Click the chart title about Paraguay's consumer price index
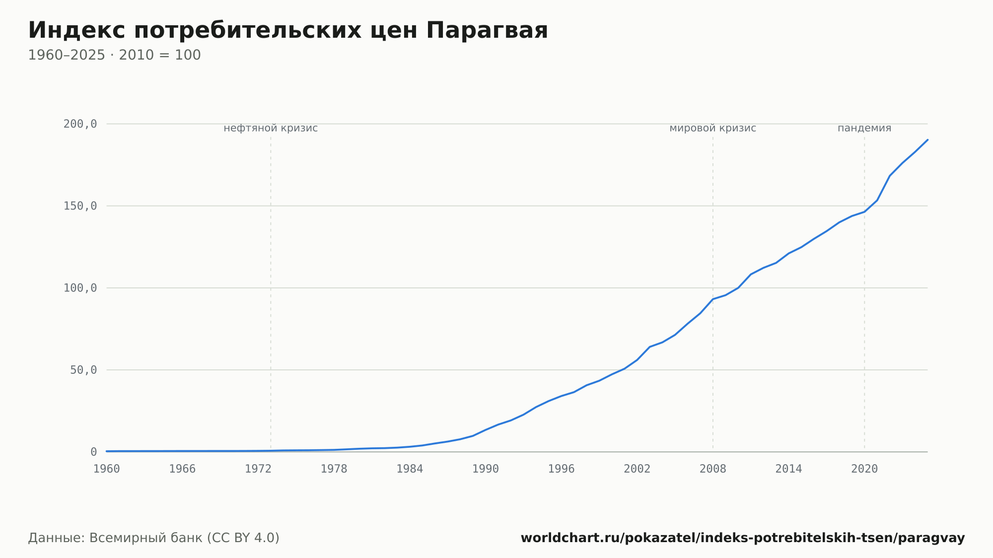point(288,31)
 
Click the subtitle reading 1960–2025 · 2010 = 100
point(114,55)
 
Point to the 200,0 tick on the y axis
point(80,124)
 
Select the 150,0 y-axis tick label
point(80,206)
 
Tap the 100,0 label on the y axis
point(80,288)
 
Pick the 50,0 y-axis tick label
point(83,370)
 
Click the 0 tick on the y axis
point(94,452)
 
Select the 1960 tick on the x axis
point(107,469)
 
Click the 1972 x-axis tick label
point(258,469)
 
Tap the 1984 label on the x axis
point(410,469)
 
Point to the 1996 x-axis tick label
point(561,469)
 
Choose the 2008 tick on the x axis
point(713,469)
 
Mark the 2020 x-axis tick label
point(864,469)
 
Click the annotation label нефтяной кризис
point(271,129)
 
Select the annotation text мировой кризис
point(713,129)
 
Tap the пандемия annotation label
point(864,129)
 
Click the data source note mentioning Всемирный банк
point(154,538)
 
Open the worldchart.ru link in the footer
point(743,538)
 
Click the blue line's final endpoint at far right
point(927,140)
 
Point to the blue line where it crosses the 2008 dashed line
point(713,299)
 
